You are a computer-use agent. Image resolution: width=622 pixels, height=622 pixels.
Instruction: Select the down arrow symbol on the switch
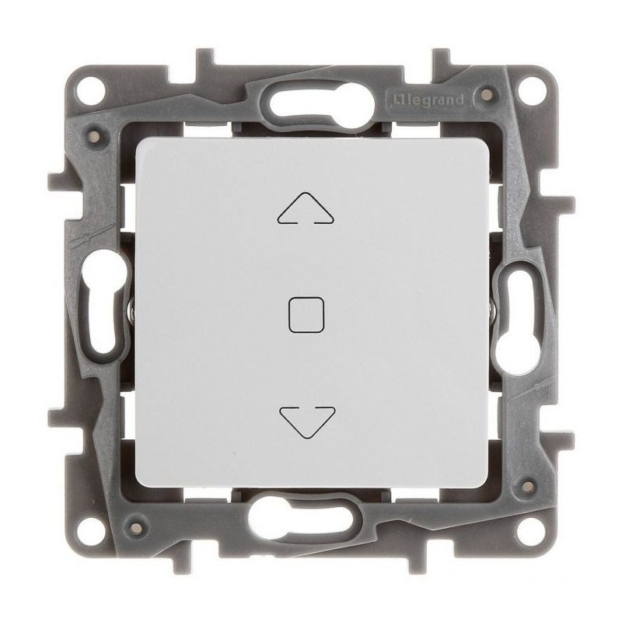309,420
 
